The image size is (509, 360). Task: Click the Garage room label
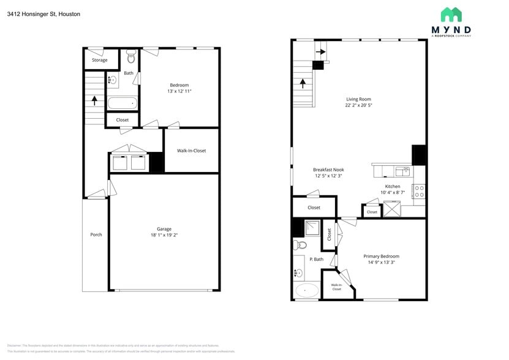pos(164,229)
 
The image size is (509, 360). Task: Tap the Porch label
pos(96,234)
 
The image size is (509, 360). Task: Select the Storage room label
pos(100,60)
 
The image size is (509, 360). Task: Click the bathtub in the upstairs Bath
pos(123,103)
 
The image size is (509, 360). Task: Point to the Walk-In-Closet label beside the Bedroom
pos(191,151)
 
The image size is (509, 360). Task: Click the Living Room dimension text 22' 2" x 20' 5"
pos(358,105)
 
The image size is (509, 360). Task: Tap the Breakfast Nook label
pos(328,170)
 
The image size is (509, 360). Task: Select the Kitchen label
pos(393,186)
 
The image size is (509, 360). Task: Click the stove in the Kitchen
pos(419,191)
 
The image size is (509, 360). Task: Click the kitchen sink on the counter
pos(404,171)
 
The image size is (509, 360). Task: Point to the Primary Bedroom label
pos(381,257)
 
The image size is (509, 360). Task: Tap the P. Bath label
pos(316,260)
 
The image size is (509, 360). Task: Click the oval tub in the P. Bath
pos(307,290)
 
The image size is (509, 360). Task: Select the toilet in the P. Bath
pos(300,245)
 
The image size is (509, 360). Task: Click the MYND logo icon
pos(451,15)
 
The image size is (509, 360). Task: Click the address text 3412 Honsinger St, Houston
pos(43,13)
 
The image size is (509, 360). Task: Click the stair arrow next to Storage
pos(94,99)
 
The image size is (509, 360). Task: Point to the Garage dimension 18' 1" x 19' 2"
pos(164,235)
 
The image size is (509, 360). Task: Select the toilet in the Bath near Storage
pos(130,57)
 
